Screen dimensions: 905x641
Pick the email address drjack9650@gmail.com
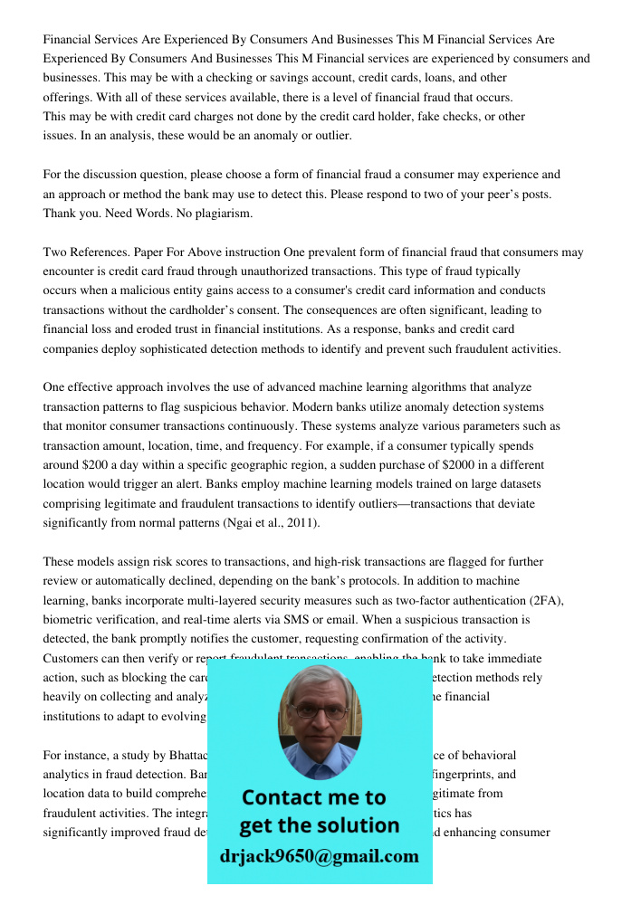pos(320,856)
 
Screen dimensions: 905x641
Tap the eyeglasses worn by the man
pos(318,709)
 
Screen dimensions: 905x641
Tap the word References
pos(100,252)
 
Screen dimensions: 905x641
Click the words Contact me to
pos(314,797)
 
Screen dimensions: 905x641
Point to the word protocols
pos(269,580)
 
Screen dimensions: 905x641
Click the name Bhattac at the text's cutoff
pos(185,755)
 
